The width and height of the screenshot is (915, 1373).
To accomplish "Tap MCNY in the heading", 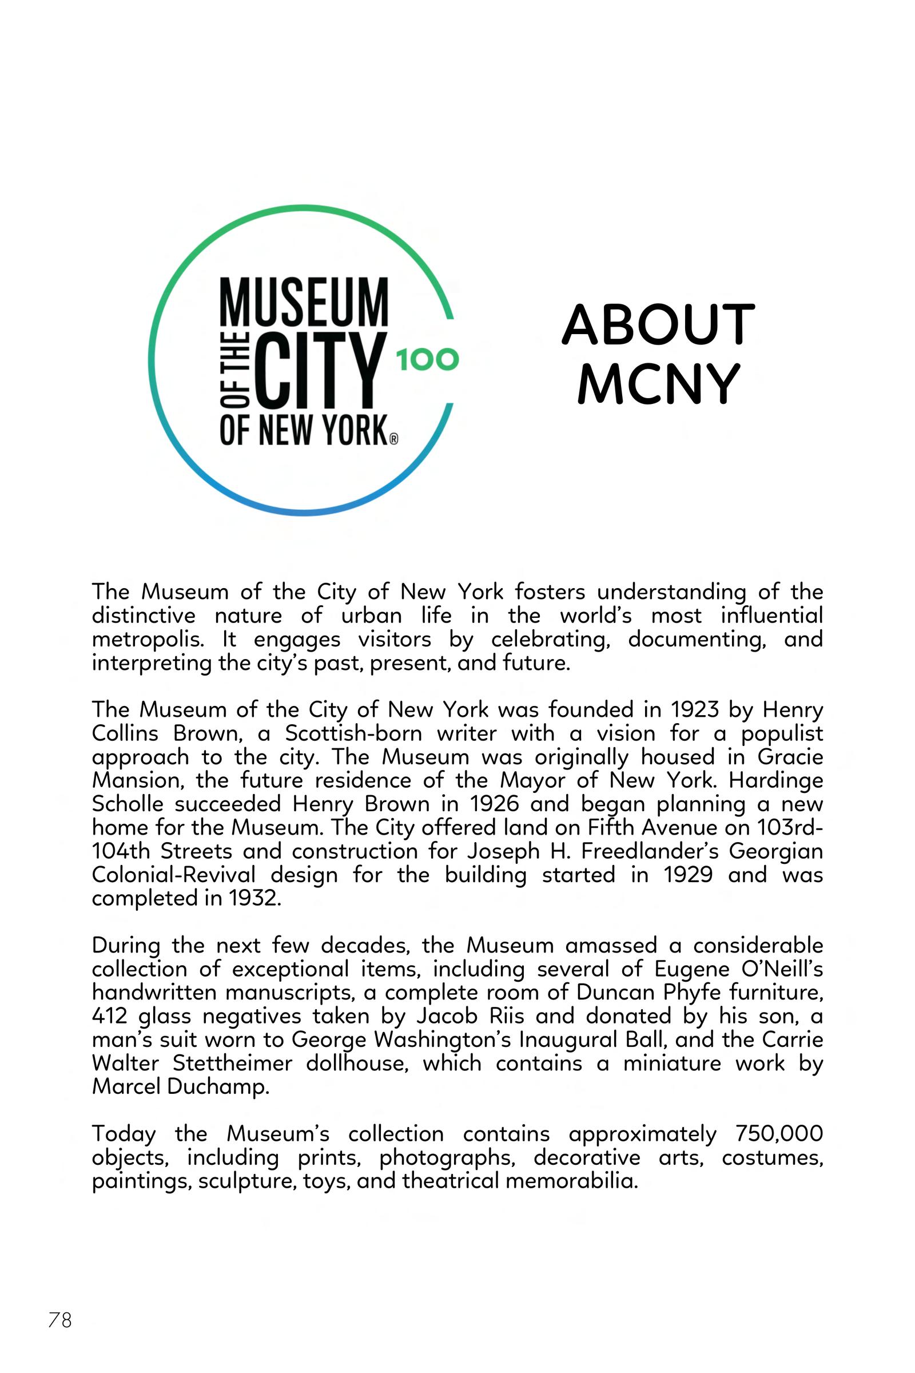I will (x=658, y=383).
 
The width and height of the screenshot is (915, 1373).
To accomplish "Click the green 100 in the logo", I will (x=428, y=360).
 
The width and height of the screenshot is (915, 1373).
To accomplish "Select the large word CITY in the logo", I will (x=319, y=371).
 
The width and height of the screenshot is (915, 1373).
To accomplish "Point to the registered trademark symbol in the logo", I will (x=393, y=439).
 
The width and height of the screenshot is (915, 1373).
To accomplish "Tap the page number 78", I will (x=59, y=1319).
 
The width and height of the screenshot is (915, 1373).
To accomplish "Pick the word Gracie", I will (x=790, y=757).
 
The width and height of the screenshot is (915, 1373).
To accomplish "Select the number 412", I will (x=109, y=1017).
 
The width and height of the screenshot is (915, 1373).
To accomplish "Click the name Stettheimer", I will (x=232, y=1064).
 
